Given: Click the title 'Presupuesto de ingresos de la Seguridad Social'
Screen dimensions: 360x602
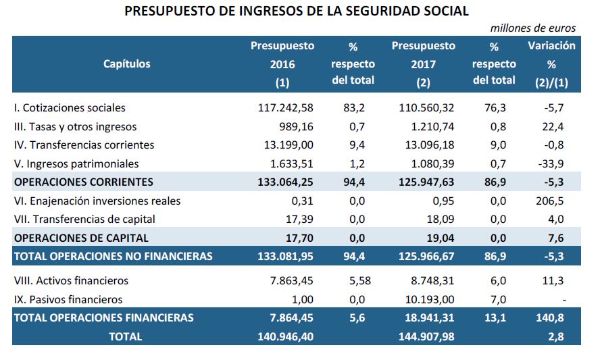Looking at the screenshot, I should (297, 11).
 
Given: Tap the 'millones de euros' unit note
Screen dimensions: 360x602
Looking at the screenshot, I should (532, 28).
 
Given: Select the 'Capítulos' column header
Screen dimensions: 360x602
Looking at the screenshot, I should (126, 64).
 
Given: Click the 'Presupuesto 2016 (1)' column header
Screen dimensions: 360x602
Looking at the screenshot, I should (282, 64).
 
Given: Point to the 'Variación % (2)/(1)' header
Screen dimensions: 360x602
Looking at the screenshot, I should (551, 64).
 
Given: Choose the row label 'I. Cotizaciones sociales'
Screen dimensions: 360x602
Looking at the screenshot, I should (70, 107).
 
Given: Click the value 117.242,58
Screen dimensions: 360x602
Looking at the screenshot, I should (286, 107).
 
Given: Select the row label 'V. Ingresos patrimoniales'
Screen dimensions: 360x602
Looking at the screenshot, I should (76, 163).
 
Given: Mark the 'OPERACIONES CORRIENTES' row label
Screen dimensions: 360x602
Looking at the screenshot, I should (84, 182).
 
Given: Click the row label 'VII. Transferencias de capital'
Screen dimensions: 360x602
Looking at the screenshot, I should (84, 219).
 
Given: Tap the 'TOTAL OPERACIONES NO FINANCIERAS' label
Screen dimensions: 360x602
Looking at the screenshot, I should (114, 256).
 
